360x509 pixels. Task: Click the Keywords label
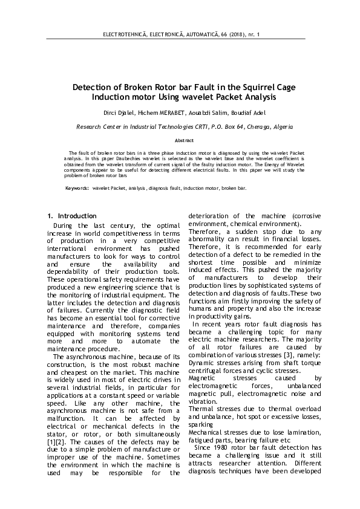[77, 189]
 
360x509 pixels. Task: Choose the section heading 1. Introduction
[71, 216]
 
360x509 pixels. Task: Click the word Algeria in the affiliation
[280, 128]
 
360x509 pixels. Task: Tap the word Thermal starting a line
[201, 410]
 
